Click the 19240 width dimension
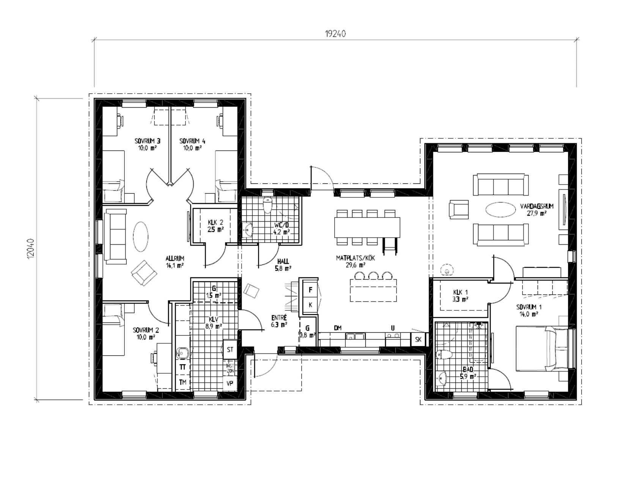click(335, 34)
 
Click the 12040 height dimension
click(31, 248)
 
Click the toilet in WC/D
click(268, 205)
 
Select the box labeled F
click(310, 290)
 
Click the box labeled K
click(310, 305)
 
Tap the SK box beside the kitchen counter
click(418, 340)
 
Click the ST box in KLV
click(230, 349)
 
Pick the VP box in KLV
click(230, 383)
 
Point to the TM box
click(182, 383)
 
